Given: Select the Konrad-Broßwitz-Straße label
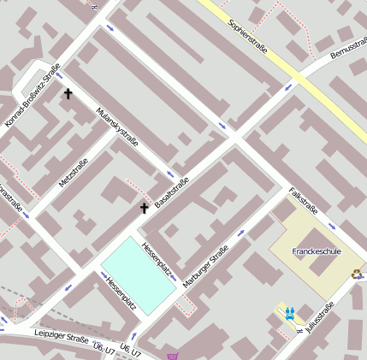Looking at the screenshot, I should pyautogui.click(x=33, y=96).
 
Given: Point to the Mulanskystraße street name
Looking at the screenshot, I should pyautogui.click(x=117, y=127).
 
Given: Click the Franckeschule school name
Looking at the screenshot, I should pyautogui.click(x=316, y=251).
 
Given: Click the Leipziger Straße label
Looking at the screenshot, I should pyautogui.click(x=62, y=338).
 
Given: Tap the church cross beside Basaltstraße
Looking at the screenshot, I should pyautogui.click(x=145, y=208).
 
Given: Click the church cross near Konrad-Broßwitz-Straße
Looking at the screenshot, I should pyautogui.click(x=68, y=94).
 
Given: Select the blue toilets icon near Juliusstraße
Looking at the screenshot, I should pyautogui.click(x=291, y=313).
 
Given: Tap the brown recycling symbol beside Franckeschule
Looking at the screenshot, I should pyautogui.click(x=356, y=274).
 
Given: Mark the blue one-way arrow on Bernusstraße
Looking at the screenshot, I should pyautogui.click(x=289, y=86).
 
